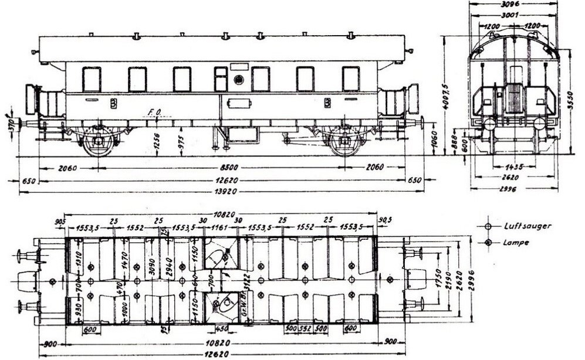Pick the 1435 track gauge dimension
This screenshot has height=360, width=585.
coord(514,167)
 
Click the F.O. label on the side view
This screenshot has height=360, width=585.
coord(155,111)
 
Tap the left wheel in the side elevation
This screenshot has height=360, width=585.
coord(98,142)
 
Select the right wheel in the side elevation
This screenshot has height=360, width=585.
coord(345,142)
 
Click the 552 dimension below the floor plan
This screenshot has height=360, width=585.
coord(305,329)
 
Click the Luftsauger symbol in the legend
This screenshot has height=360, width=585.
coord(488,226)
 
